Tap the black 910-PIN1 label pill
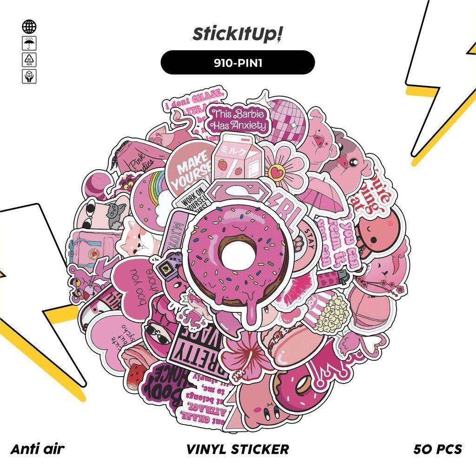(238, 62)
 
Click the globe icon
(29, 26)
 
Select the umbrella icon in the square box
(29, 44)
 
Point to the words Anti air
(37, 449)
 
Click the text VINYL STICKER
(238, 449)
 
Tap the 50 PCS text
(437, 449)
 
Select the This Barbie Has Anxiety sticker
(239, 119)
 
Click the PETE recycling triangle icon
(29, 59)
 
